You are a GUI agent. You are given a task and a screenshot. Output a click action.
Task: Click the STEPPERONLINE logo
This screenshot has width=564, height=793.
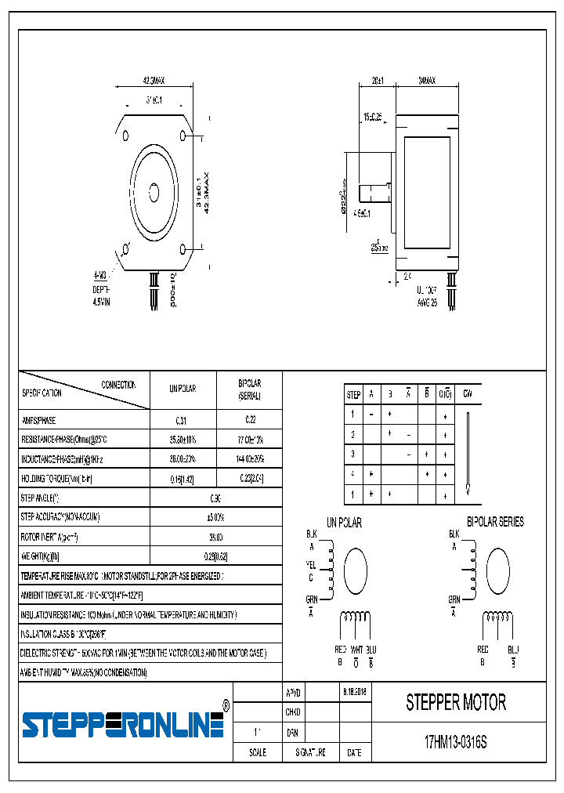[x=124, y=725]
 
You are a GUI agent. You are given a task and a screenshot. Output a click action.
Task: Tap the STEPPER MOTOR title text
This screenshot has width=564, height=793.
[x=456, y=703]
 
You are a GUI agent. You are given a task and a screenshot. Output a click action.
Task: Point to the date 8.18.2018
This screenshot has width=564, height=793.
[x=354, y=693]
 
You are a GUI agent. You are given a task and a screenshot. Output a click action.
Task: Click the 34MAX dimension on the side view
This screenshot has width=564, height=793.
[x=427, y=81]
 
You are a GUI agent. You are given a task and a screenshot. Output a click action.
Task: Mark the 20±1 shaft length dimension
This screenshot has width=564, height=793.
[x=378, y=81]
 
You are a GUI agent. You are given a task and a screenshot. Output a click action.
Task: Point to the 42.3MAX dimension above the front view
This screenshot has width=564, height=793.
[x=154, y=81]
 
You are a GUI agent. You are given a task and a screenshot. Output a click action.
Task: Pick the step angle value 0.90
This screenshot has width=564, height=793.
[x=215, y=498]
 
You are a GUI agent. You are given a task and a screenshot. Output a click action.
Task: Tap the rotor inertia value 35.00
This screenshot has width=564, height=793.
[x=215, y=537]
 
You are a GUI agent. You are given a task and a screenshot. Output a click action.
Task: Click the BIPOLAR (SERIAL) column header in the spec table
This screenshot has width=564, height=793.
[x=249, y=389]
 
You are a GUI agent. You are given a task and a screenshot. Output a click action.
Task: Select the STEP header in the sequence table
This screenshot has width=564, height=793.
[x=353, y=395]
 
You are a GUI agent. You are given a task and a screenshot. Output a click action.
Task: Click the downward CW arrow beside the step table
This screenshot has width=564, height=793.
[x=468, y=454]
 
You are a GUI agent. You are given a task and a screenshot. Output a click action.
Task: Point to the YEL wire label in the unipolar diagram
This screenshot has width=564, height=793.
[x=311, y=565]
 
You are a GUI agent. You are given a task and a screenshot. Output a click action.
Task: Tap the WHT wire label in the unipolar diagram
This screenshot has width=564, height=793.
[x=356, y=650]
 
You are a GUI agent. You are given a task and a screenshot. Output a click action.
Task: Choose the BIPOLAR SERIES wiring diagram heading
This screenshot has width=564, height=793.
[x=495, y=522]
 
